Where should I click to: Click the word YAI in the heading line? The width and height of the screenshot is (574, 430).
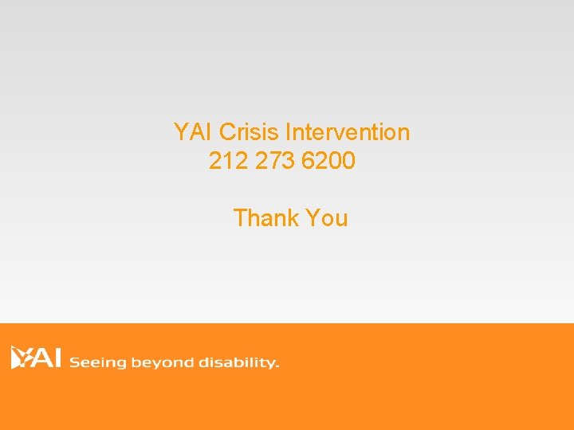click(x=193, y=131)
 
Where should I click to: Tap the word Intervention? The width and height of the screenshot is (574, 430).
click(x=348, y=131)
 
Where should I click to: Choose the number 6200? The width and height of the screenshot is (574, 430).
click(x=328, y=162)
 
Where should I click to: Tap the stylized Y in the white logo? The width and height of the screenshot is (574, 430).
click(x=20, y=358)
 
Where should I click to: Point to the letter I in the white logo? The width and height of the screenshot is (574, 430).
click(x=58, y=358)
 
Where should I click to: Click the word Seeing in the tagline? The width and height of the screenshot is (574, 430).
click(x=98, y=363)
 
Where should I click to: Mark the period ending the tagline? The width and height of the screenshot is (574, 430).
click(x=277, y=367)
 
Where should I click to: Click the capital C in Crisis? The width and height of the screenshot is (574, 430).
click(x=226, y=131)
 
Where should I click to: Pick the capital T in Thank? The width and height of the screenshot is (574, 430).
click(x=241, y=217)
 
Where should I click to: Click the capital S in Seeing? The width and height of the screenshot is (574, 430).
click(x=75, y=362)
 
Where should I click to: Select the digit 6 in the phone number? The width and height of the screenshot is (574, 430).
click(x=309, y=162)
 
